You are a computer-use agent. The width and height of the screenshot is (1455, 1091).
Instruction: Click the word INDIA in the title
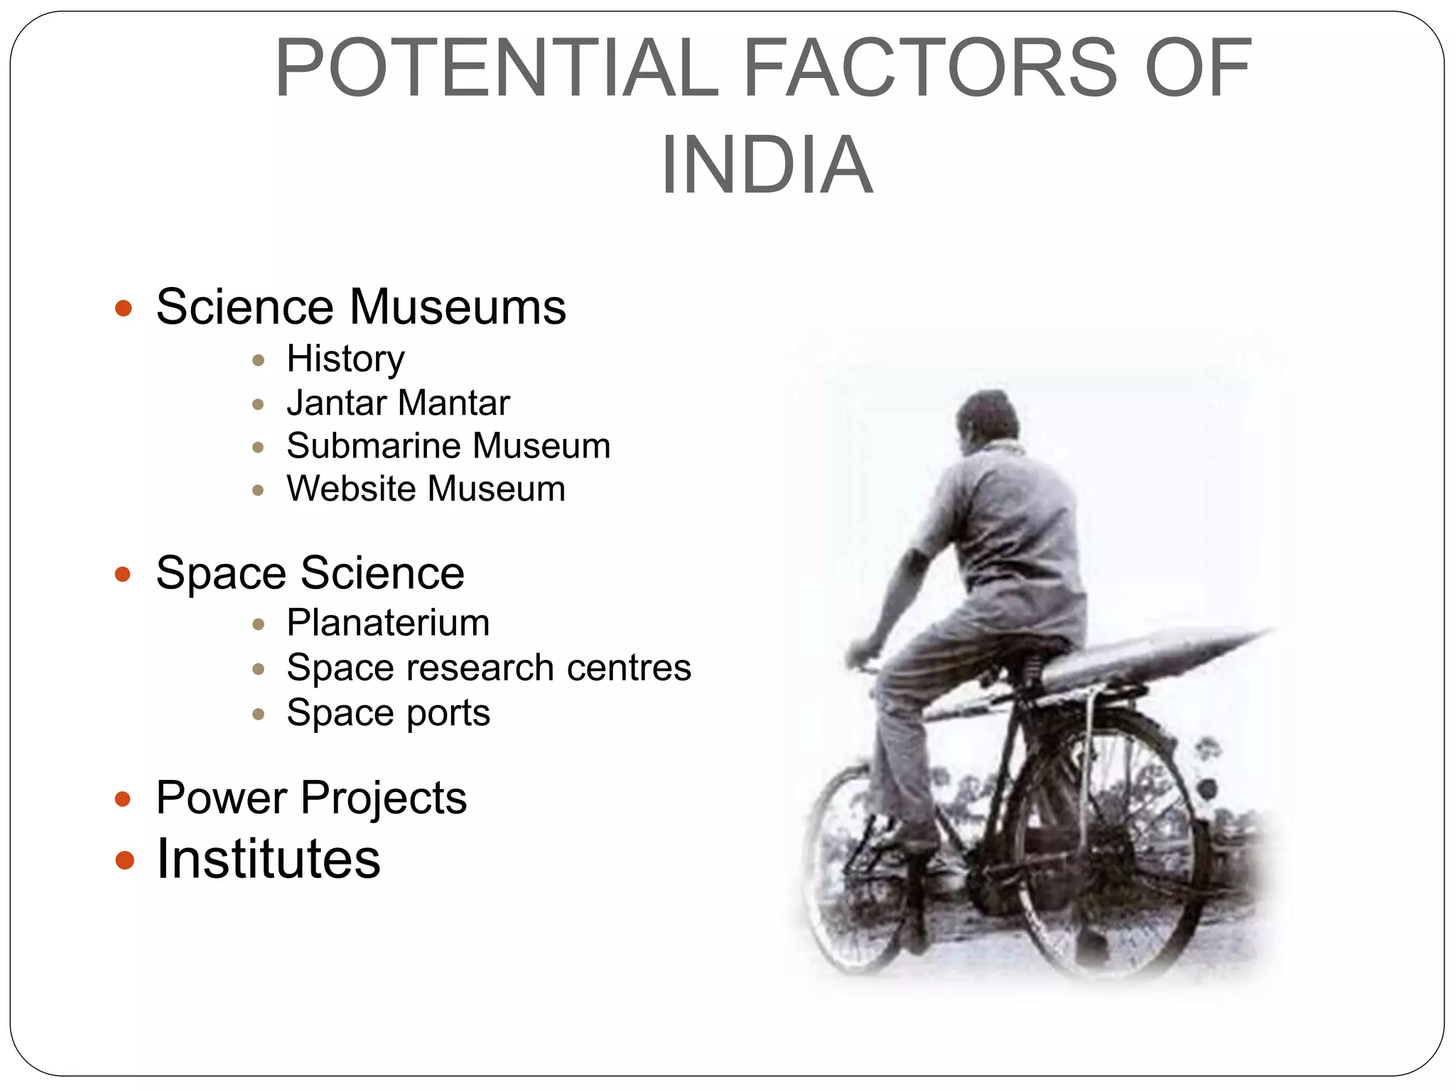767,165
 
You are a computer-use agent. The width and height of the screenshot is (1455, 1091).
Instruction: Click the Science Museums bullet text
361,307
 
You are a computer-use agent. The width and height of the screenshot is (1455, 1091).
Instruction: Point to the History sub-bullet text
345,359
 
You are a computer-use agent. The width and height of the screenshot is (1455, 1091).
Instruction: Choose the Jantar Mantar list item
398,403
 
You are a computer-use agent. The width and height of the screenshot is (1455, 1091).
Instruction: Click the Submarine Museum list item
448,446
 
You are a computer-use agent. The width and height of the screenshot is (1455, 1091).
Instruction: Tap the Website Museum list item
426,489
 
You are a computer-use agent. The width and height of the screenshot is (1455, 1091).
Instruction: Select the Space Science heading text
310,572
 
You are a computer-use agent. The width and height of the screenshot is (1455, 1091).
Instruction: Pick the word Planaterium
388,623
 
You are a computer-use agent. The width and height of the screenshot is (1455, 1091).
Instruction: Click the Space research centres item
489,668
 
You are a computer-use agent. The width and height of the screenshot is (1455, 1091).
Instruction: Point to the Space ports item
388,712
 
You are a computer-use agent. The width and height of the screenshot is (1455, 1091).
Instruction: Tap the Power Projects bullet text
311,798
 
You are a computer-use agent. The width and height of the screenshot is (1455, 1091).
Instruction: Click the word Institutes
269,859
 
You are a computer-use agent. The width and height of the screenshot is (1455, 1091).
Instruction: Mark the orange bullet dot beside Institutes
124,860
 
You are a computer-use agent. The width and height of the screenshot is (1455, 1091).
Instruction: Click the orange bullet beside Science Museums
124,308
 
